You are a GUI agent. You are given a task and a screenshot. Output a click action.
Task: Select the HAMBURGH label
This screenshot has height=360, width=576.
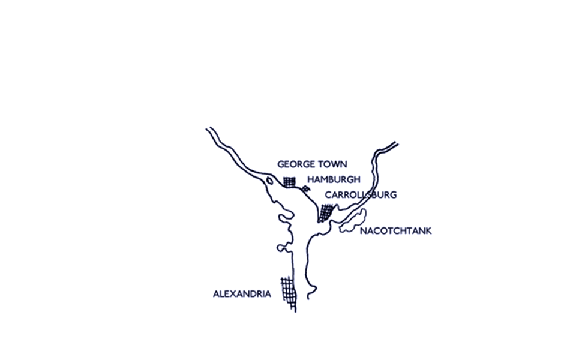pyautogui.click(x=334, y=179)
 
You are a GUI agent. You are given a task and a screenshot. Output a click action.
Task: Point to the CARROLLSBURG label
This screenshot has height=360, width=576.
pyautogui.click(x=361, y=194)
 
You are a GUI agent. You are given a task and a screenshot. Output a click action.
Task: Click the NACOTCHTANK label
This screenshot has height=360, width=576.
pyautogui.click(x=395, y=231)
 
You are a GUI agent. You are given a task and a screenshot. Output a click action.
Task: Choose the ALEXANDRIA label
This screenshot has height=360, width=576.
pyautogui.click(x=242, y=294)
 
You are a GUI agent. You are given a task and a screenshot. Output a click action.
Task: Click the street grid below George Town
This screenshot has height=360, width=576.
pyautogui.click(x=289, y=182)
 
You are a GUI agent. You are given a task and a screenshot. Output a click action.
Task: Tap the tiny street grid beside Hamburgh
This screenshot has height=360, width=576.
pyautogui.click(x=305, y=189)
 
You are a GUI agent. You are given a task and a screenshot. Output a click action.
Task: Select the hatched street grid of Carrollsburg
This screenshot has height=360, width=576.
pyautogui.click(x=326, y=213)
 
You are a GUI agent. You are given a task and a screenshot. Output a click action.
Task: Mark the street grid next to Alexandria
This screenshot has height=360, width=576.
pyautogui.click(x=289, y=294)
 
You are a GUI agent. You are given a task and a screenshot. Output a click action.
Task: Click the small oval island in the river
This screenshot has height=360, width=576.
pyautogui.click(x=269, y=181)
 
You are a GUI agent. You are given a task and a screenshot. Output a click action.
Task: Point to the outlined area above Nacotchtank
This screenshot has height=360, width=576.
pyautogui.click(x=353, y=221)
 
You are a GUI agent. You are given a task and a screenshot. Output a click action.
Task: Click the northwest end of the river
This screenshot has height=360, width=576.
pyautogui.click(x=208, y=129)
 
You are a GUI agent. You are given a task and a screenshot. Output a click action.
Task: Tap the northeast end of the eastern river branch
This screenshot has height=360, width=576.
pyautogui.click(x=397, y=143)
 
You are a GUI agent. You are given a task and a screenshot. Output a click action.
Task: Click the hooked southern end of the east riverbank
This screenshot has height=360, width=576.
pyautogui.click(x=311, y=292)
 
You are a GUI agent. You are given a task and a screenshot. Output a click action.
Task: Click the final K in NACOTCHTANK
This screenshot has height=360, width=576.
pyautogui.click(x=428, y=231)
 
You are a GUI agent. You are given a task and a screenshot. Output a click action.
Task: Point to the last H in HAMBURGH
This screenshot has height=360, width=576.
pyautogui.click(x=356, y=179)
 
